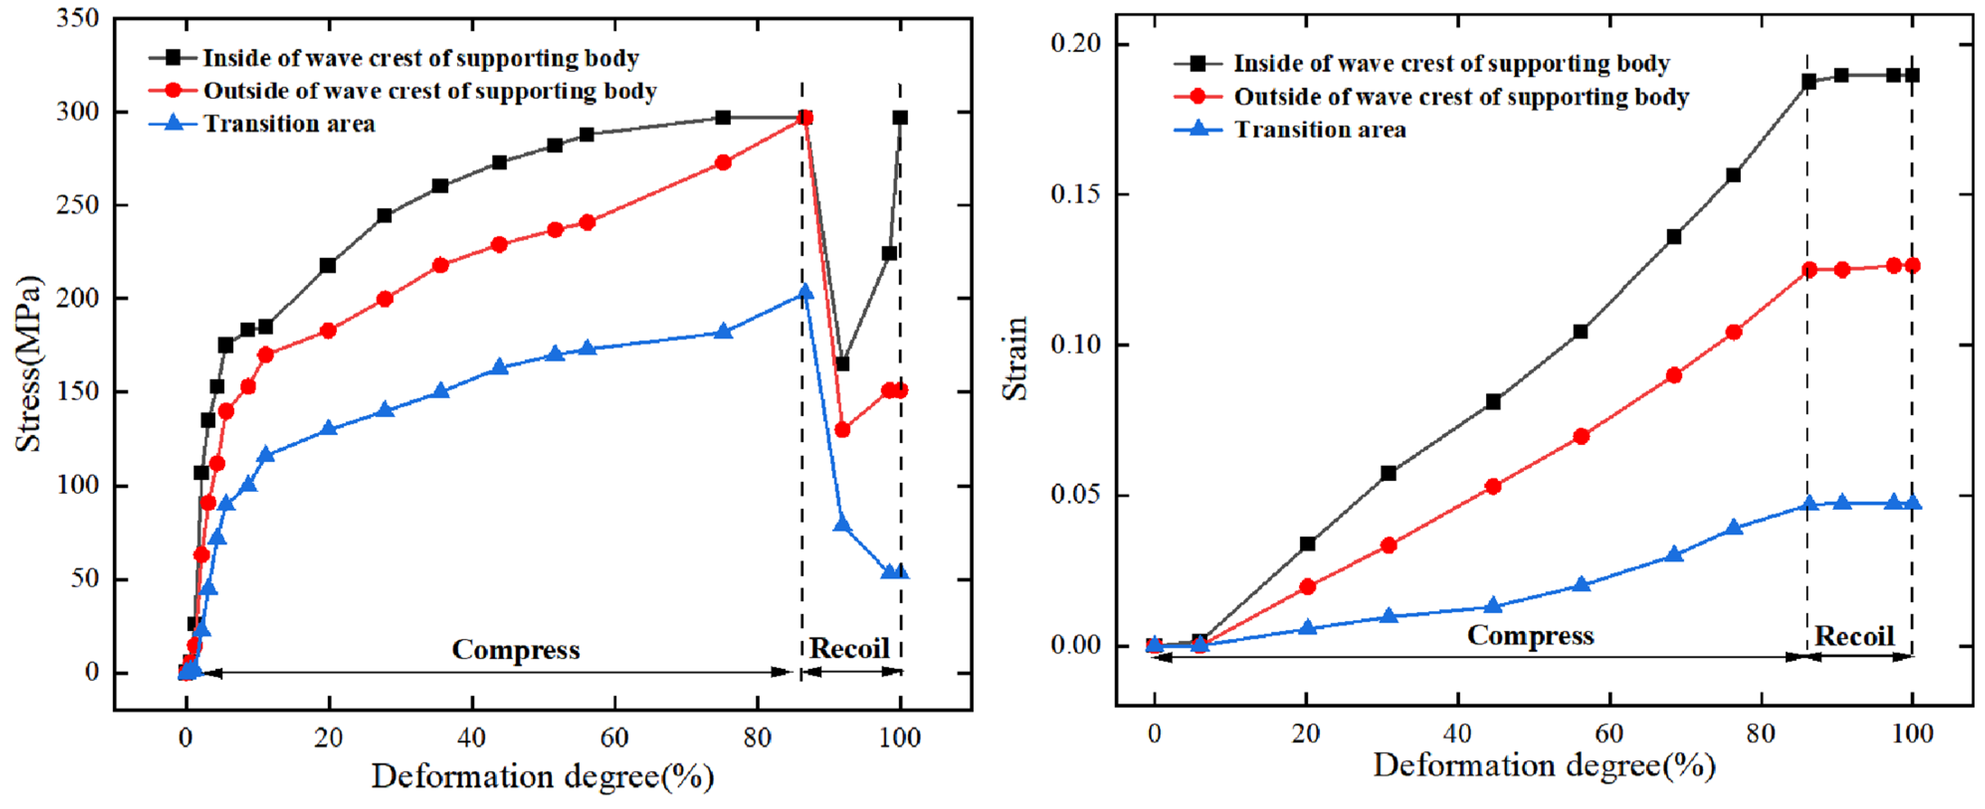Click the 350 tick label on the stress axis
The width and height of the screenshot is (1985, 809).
point(78,18)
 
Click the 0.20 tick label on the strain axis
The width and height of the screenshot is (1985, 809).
point(1076,44)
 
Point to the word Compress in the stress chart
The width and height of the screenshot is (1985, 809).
point(515,649)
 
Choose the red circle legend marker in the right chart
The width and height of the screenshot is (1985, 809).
point(1197,96)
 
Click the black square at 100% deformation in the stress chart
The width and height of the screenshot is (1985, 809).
point(900,117)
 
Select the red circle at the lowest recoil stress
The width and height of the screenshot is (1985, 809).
point(842,429)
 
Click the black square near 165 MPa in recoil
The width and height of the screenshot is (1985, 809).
point(842,363)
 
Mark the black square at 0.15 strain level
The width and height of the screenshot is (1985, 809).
point(1733,175)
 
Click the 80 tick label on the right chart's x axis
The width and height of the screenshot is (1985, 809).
point(1761,733)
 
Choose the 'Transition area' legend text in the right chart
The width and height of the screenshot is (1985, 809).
point(1320,129)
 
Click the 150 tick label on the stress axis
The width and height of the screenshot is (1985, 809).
point(78,391)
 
